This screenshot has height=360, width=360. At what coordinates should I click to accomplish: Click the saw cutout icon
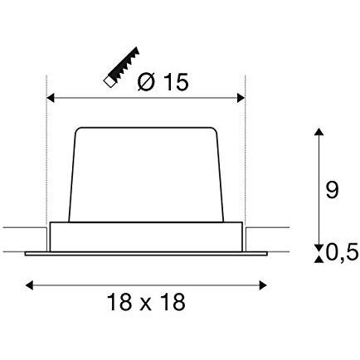tap(121, 67)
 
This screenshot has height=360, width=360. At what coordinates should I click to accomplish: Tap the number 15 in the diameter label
tap(177, 82)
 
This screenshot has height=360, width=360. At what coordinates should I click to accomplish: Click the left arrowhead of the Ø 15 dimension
tap(51, 98)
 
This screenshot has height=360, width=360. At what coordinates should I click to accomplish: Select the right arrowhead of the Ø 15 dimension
tap(241, 98)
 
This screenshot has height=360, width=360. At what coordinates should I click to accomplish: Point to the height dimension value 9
tap(332, 190)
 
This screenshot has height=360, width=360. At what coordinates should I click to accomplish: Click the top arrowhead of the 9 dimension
tap(319, 132)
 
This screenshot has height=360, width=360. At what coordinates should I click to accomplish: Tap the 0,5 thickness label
tap(343, 253)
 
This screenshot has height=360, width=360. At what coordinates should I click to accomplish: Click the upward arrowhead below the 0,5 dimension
tap(319, 259)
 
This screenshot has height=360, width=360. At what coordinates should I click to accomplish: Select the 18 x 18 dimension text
tap(146, 302)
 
